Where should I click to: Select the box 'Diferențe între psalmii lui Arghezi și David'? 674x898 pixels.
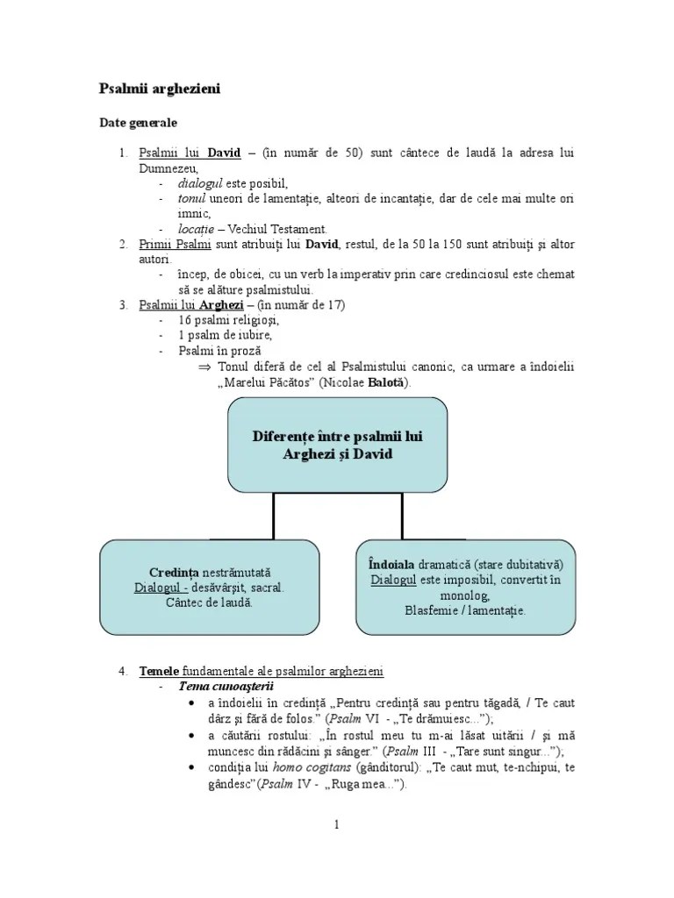point(338,445)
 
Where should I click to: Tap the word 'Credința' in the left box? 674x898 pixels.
point(175,571)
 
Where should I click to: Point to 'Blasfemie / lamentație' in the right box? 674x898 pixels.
point(465,610)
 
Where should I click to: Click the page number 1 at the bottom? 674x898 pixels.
point(335,824)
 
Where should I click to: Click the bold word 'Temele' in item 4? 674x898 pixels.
point(159,671)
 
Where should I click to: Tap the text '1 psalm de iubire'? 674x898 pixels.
point(225,335)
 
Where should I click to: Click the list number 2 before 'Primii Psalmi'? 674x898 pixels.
point(123,243)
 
